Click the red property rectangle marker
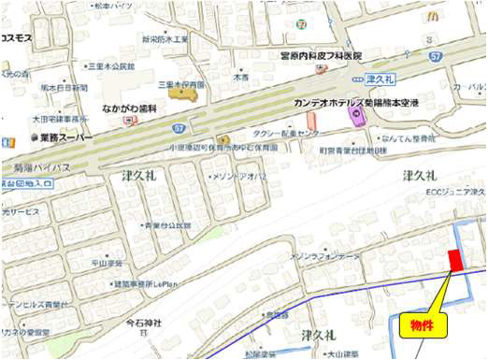(x=455, y=259)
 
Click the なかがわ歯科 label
(x=130, y=107)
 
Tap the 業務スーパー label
(x=65, y=137)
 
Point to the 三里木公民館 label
(x=111, y=66)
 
